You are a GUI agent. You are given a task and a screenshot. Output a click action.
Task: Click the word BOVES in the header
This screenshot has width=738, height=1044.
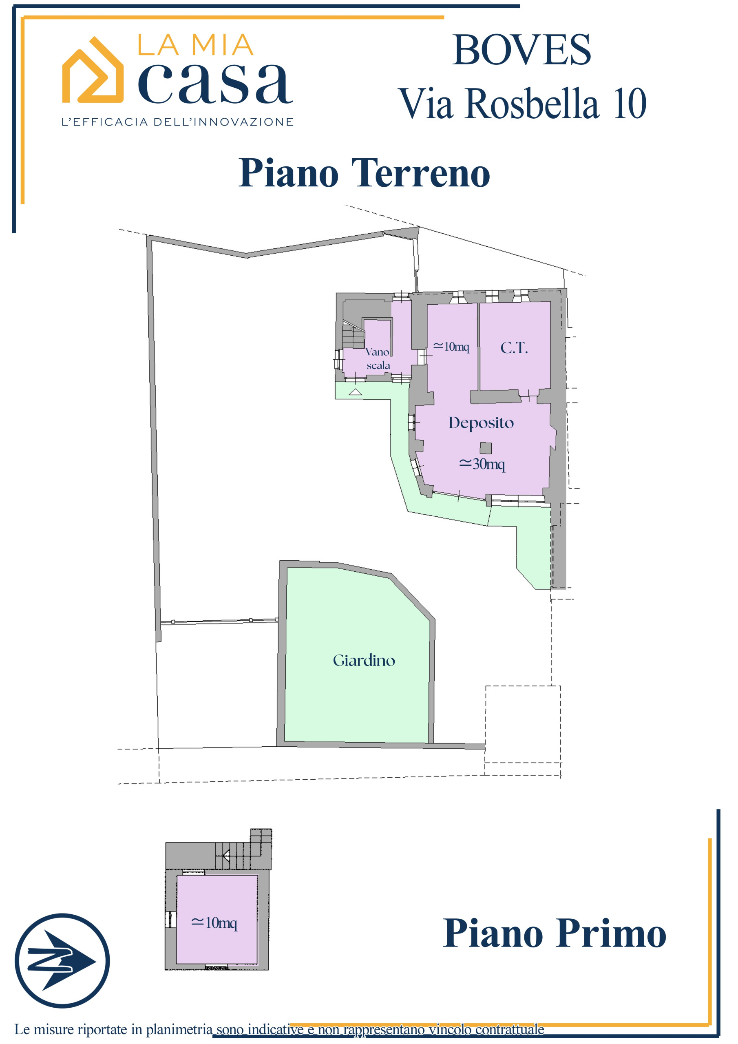point(521,50)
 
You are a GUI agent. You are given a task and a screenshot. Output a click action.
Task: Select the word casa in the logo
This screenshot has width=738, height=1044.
point(216,83)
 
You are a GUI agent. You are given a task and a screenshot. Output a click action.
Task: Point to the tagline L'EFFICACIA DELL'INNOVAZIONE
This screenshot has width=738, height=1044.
point(177,122)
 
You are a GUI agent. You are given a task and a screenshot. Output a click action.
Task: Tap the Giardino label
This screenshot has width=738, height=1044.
point(364,660)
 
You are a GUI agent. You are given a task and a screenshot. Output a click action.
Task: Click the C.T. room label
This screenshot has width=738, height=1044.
point(514,348)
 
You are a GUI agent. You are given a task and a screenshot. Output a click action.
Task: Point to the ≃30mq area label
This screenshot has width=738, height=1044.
point(482,464)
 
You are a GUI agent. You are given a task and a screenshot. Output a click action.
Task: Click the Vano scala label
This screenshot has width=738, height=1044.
point(378,358)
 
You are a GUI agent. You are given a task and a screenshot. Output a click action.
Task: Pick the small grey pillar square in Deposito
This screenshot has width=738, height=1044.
point(486,448)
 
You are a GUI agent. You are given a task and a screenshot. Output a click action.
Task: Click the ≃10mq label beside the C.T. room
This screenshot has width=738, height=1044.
point(451,347)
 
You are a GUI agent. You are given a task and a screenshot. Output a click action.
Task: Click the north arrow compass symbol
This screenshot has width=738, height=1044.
point(62,961)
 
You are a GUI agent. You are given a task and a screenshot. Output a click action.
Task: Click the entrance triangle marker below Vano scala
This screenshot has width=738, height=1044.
point(355,392)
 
